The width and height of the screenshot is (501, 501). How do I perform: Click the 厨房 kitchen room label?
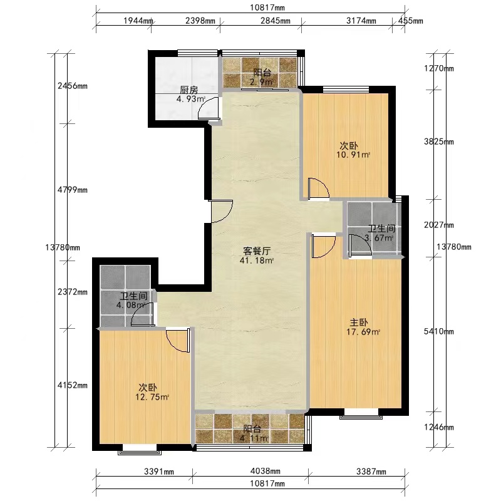(x=189, y=90)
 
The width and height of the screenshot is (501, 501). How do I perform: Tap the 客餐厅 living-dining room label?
(x=257, y=251)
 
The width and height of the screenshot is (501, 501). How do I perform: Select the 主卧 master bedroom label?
(x=359, y=323)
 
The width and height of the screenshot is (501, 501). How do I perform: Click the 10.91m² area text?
(x=353, y=155)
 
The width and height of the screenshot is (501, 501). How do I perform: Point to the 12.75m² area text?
(x=152, y=397)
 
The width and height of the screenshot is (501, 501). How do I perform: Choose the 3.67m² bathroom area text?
(x=379, y=238)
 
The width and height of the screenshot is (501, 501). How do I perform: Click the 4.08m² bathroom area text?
(x=131, y=305)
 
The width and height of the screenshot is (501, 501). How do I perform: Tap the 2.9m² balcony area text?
(x=262, y=82)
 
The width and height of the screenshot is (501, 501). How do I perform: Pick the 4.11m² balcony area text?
(x=254, y=438)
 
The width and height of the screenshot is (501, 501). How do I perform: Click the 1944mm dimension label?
(x=138, y=21)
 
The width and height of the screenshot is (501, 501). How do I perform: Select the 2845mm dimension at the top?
(x=276, y=21)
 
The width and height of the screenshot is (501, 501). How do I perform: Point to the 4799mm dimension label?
(x=73, y=190)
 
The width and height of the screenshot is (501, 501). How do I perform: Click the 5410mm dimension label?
(x=439, y=331)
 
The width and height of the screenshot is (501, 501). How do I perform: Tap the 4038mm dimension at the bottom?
(x=266, y=471)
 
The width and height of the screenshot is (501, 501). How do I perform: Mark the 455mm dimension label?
(x=411, y=21)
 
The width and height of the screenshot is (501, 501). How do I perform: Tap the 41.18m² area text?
(x=257, y=261)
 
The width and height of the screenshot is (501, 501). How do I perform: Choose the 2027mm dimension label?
(x=439, y=225)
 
